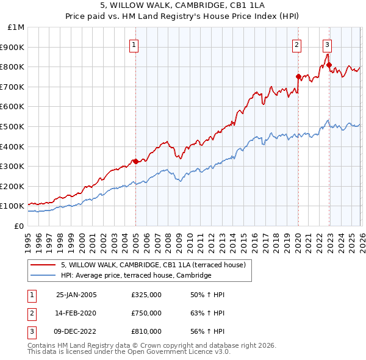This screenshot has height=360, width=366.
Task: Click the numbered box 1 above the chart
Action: point(134,45)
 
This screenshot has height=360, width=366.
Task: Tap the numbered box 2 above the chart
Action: point(296,45)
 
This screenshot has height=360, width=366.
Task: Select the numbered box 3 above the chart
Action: point(327,45)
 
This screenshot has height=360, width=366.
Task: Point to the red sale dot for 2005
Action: point(135,161)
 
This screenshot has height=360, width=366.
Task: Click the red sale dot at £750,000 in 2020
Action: point(298,77)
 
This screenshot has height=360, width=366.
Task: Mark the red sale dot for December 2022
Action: point(329,65)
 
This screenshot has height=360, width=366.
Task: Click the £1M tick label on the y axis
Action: point(16,27)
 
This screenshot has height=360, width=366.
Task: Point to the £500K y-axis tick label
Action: point(13,126)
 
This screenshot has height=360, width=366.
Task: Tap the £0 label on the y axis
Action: point(18,226)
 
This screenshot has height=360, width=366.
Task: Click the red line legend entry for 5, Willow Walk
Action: point(153,265)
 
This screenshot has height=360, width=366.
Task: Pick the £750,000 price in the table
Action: point(146,313)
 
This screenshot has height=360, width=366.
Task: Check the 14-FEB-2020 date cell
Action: point(76,313)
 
